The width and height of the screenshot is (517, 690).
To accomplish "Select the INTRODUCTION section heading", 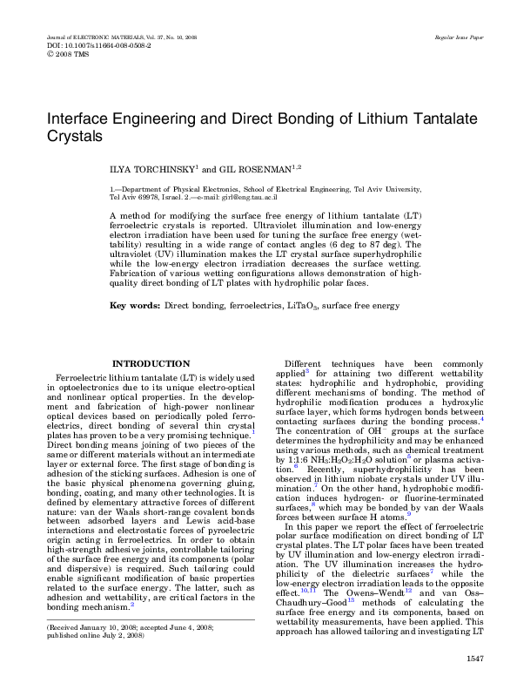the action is pos(152,363).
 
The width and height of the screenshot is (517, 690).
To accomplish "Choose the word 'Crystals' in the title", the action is pos(74,138).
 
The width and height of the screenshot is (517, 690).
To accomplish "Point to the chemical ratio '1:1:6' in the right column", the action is pos(297,457).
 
